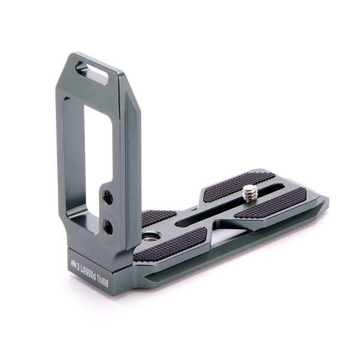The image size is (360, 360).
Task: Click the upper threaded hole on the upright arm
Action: pyautogui.click(x=108, y=197)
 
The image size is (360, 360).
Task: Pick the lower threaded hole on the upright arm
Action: pyautogui.click(x=108, y=227)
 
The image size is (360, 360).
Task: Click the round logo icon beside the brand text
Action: pyautogui.click(x=74, y=263)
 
